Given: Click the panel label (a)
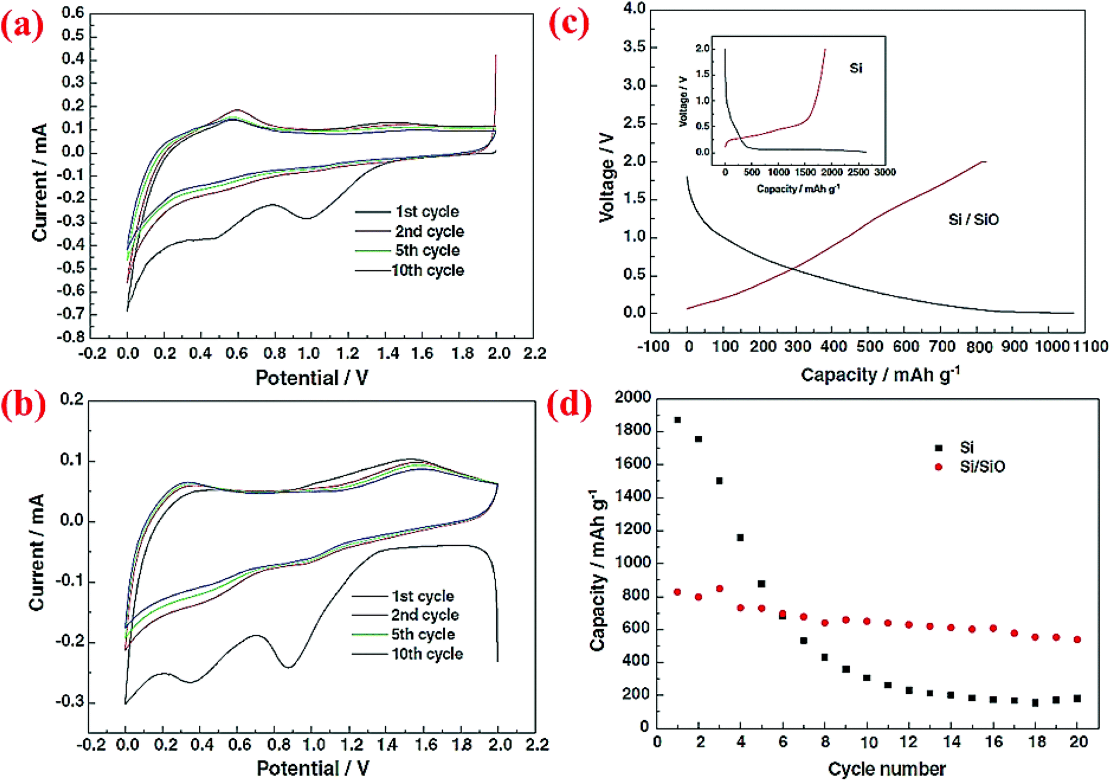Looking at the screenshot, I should (22, 26).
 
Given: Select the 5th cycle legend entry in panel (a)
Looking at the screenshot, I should (427, 250).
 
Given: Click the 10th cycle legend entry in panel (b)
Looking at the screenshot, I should (427, 653).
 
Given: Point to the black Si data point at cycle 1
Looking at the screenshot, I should (677, 420).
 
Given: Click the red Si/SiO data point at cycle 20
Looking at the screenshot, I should (1077, 639).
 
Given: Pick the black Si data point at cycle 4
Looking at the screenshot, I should (740, 538).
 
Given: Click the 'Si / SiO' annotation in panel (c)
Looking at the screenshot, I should (973, 219).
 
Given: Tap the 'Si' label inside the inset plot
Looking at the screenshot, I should (855, 68).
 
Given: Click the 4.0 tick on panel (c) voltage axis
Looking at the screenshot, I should (634, 9).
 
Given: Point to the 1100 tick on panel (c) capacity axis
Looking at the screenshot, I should (1091, 346).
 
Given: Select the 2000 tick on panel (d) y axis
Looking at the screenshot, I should (632, 398).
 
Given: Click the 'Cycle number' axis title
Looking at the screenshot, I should (886, 768).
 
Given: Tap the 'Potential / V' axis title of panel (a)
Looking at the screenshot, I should (312, 378).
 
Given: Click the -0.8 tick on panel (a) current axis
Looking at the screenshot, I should (71, 337).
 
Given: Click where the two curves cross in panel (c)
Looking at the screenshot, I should (793, 269).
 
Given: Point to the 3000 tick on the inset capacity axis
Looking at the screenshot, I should (885, 172).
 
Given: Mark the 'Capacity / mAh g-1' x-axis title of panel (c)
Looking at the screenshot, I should (880, 375).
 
